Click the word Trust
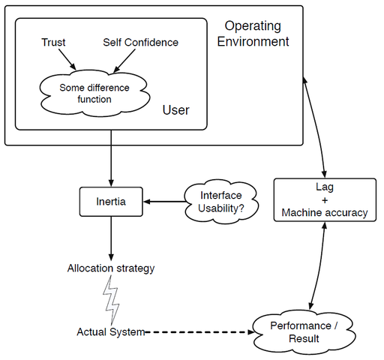click(x=53, y=42)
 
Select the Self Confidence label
click(x=140, y=42)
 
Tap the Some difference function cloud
click(x=94, y=94)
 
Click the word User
click(x=175, y=110)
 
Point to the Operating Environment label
click(x=253, y=34)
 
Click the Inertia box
click(x=111, y=202)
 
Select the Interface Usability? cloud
click(x=221, y=202)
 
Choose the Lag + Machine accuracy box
click(x=325, y=199)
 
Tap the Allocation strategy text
click(x=111, y=268)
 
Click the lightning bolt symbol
click(x=111, y=300)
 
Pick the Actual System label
click(x=111, y=332)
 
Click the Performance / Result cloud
click(x=304, y=332)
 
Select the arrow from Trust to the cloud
click(x=67, y=59)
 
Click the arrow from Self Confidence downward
click(x=124, y=61)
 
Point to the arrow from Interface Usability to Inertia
click(x=164, y=202)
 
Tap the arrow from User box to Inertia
click(x=111, y=158)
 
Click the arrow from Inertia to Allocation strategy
click(x=111, y=238)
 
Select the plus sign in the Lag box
click(x=325, y=200)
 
